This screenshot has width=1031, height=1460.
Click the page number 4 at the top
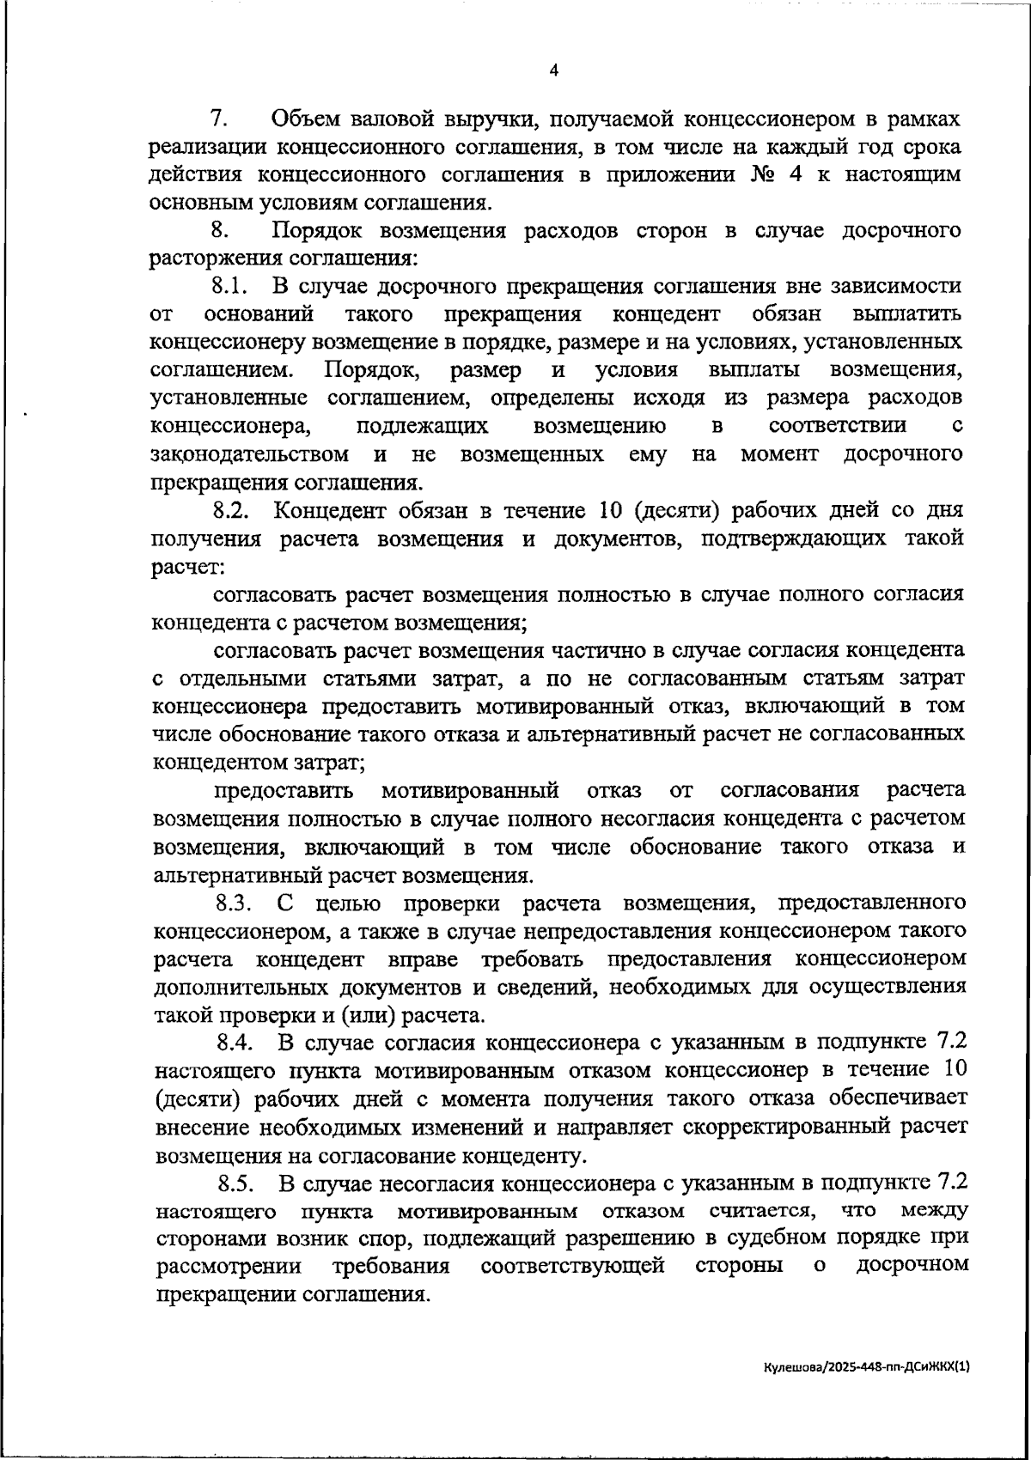[553, 71]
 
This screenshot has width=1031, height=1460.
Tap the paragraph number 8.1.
[229, 286]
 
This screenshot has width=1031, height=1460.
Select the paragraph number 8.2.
[231, 510]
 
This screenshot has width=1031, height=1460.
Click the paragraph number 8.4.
[235, 1043]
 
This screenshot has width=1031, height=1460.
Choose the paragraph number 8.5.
[235, 1183]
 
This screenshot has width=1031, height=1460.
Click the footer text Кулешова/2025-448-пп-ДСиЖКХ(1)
[869, 1366]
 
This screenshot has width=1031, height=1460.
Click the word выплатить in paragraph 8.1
[907, 313]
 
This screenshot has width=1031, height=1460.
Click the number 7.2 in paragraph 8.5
[950, 1183]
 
